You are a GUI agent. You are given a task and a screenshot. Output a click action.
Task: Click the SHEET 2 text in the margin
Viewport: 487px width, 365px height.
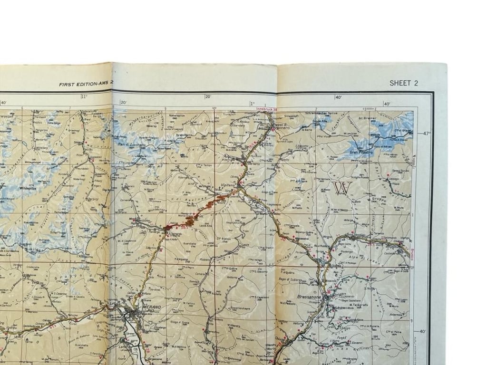coord(404,83)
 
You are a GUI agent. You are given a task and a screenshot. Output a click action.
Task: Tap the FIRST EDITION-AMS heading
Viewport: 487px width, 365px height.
coord(86,84)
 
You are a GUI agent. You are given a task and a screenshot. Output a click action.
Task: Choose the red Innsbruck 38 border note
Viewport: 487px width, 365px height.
coord(266,109)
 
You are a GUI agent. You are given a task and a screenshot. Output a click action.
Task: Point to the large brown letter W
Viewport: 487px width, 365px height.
coord(342,188)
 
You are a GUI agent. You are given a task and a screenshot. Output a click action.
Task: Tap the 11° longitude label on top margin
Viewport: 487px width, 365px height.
coord(85,97)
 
